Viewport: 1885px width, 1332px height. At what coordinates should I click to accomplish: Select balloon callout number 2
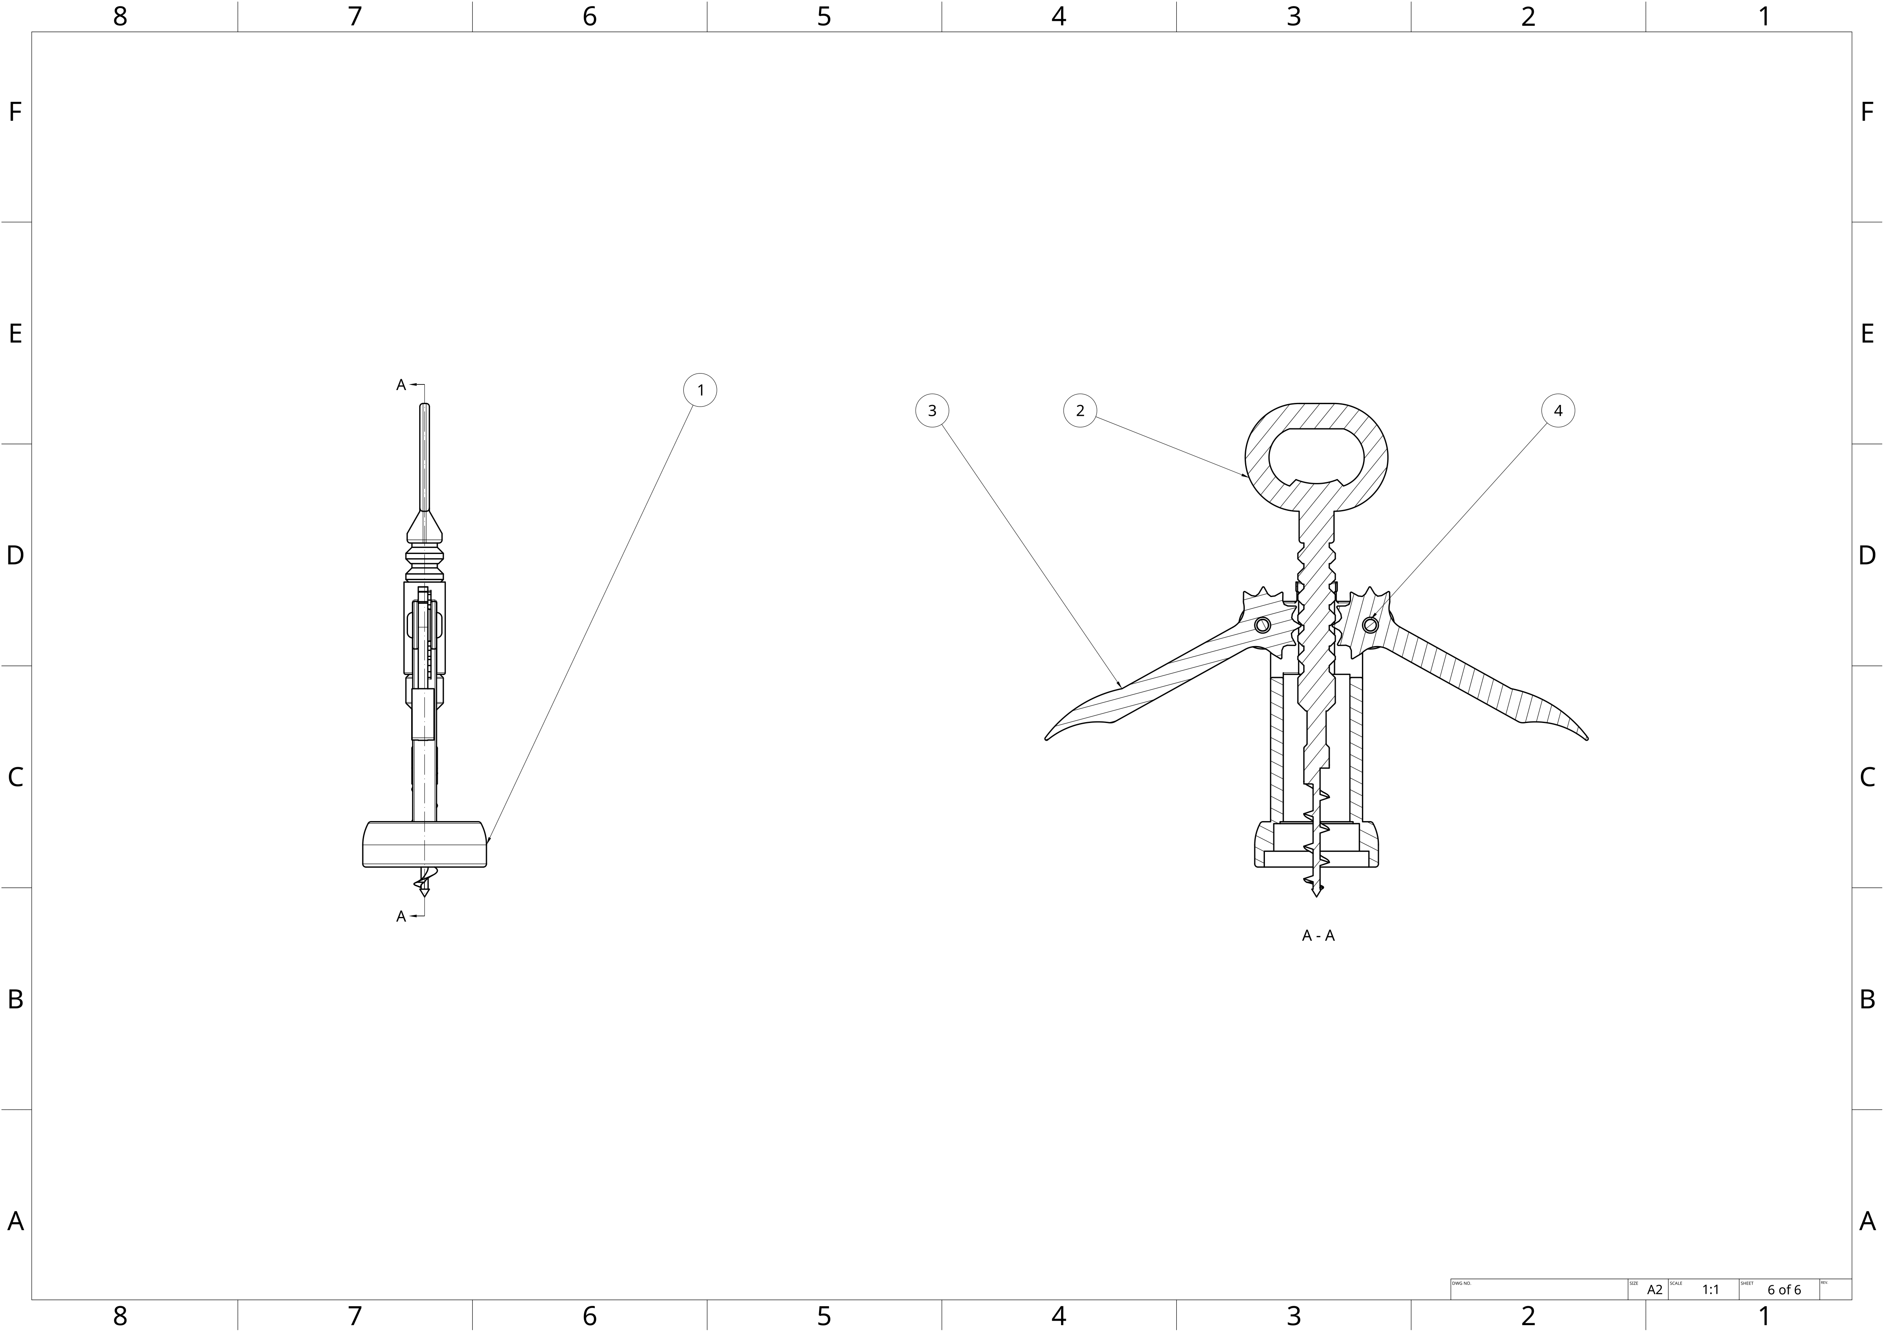1080,410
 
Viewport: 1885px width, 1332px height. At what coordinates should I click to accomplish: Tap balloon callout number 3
932,410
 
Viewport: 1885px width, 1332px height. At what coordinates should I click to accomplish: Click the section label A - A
1318,935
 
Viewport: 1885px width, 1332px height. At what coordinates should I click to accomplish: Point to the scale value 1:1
1710,1289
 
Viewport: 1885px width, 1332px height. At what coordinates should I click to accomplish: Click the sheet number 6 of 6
1784,1289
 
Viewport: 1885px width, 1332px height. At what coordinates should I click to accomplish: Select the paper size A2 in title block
1654,1289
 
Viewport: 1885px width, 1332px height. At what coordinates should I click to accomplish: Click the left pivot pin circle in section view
1263,626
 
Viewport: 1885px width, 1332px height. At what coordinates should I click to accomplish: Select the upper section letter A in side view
401,385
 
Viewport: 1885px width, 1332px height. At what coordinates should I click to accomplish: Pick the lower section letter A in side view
401,916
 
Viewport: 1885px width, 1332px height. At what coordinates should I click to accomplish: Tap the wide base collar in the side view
424,844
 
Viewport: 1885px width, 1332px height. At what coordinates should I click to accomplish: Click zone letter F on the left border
15,112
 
